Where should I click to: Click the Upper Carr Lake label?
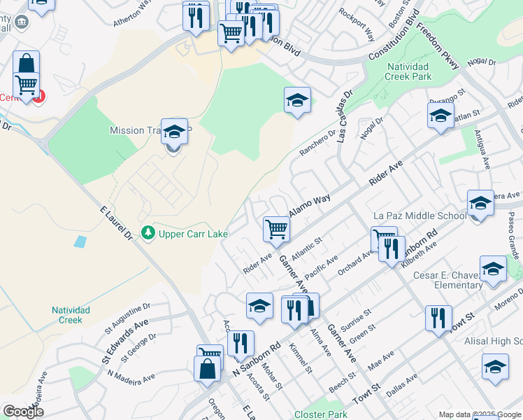pos(194,234)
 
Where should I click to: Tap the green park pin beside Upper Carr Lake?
pos(148,232)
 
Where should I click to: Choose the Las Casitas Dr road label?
pos(344,116)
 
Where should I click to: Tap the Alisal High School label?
pos(494,341)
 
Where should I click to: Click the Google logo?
pos(24,412)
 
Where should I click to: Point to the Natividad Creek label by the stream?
pos(66,315)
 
